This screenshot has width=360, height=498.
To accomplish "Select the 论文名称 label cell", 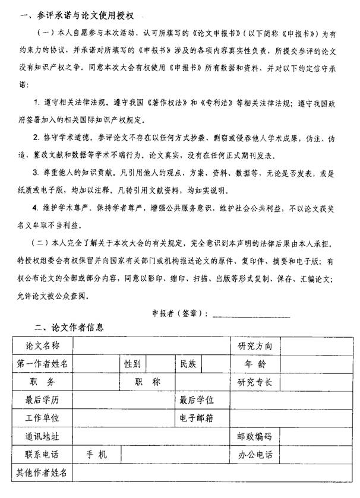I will [x=42, y=345].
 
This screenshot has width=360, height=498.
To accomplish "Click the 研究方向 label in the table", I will [x=255, y=346].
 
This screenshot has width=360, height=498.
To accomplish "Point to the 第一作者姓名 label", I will [x=42, y=364].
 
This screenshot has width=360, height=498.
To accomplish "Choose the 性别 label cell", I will [x=132, y=364].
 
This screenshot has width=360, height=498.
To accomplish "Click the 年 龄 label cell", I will [x=255, y=364].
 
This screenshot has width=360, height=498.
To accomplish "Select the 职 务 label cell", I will [x=42, y=382].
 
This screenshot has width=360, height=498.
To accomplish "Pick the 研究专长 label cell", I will [x=255, y=382].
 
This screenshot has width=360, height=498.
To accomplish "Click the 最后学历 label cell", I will [x=42, y=400].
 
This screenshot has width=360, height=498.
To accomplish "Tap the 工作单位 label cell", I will [x=42, y=418].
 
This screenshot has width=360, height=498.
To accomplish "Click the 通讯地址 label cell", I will [x=42, y=437].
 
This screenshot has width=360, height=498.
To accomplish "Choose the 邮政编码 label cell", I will [x=255, y=437].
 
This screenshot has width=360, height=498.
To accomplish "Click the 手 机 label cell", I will [x=96, y=455].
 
